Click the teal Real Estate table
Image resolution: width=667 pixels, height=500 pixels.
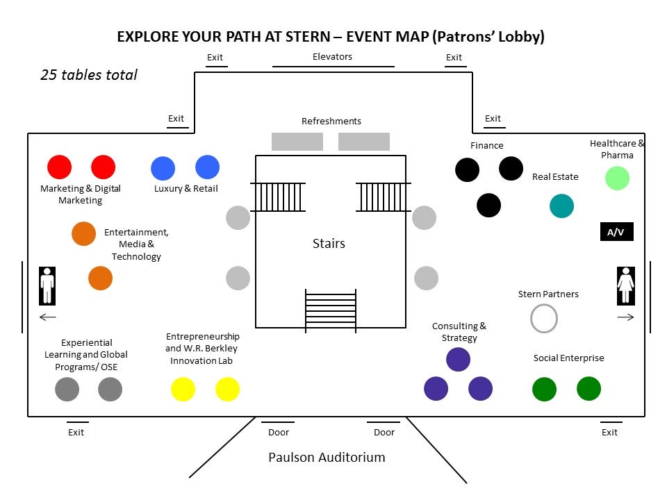[561, 206]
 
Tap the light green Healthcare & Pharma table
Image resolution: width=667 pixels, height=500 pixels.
[617, 178]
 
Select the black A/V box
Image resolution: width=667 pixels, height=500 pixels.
[616, 232]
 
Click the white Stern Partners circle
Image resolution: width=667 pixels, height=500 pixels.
[544, 319]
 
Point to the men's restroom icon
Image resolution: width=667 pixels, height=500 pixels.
[47, 285]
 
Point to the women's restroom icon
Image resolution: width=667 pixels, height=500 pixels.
[625, 285]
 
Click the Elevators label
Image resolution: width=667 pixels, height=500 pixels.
[332, 57]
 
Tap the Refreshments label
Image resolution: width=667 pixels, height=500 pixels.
[331, 121]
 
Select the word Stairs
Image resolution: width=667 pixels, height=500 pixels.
[329, 243]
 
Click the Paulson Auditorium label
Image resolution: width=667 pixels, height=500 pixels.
[327, 457]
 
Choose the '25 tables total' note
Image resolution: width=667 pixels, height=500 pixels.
[89, 75]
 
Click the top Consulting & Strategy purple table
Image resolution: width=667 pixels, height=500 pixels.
[458, 359]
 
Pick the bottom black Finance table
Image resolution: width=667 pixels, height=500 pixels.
[488, 205]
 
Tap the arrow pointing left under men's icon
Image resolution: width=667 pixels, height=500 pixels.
[47, 317]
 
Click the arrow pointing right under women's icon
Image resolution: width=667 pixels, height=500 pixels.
[625, 317]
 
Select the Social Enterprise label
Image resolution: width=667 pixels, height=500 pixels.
[568, 358]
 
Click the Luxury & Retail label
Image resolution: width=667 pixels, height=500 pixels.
[186, 188]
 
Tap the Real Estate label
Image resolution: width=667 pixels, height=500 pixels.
[555, 176]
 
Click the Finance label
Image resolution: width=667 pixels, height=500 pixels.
[486, 145]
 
